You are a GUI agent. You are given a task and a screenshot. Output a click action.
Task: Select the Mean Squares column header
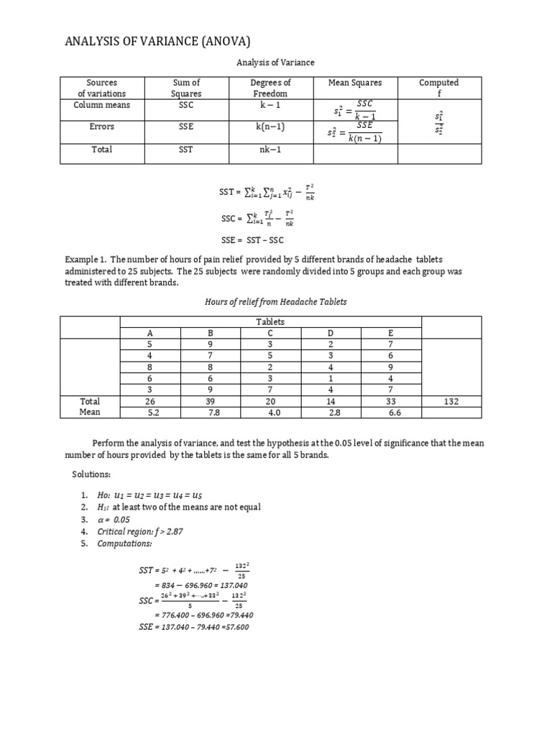coord(355,83)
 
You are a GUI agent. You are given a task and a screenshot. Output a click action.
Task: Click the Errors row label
coord(102,126)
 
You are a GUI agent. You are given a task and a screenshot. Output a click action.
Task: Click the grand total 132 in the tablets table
coord(448,402)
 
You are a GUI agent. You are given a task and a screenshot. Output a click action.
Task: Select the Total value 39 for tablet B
coord(211,402)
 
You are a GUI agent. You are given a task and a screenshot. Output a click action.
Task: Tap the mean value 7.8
coord(211,413)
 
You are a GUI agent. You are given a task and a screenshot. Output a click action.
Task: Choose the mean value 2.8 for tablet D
coord(331,413)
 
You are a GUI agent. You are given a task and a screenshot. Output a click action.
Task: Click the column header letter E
coord(390,333)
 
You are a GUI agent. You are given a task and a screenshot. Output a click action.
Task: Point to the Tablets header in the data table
coord(270,322)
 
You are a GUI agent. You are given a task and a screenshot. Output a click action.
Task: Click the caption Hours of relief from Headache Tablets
coord(275,302)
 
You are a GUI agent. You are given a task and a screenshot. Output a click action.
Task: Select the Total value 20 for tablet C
coord(270,402)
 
